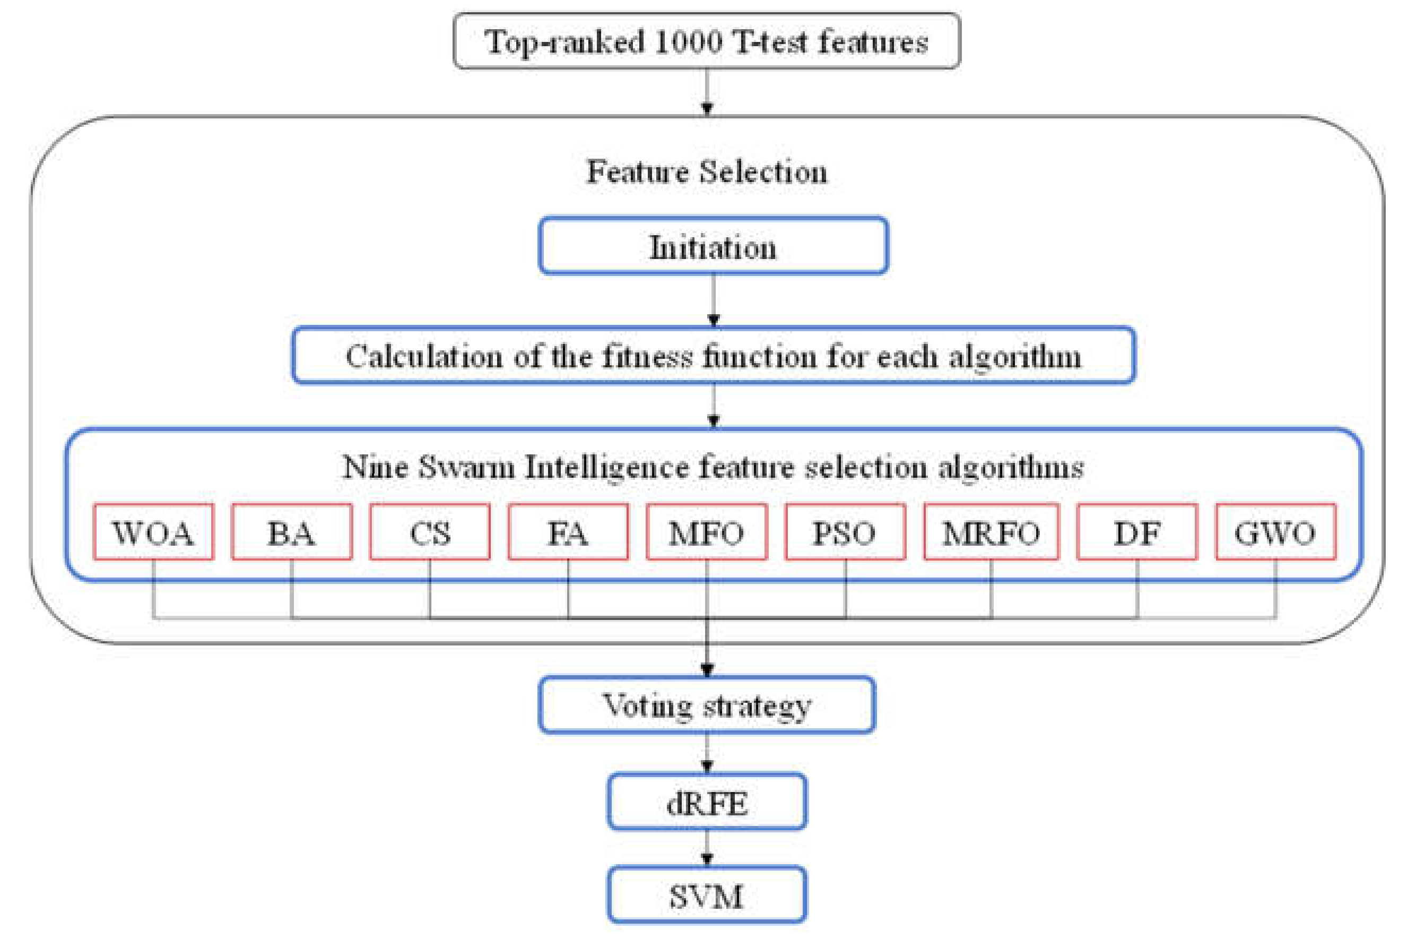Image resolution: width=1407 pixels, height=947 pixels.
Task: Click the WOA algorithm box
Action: click(x=153, y=532)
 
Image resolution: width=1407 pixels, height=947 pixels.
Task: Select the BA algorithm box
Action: click(x=292, y=532)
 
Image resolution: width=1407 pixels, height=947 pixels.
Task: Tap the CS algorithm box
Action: click(x=430, y=532)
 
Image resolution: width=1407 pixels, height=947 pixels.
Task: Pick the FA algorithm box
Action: click(x=568, y=532)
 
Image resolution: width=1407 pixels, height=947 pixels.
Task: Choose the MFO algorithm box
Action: click(x=707, y=532)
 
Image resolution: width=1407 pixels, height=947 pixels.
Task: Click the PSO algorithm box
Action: click(x=845, y=532)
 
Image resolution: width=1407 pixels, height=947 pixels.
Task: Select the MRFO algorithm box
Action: click(x=991, y=532)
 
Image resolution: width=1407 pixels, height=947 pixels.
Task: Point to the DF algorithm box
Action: click(x=1137, y=532)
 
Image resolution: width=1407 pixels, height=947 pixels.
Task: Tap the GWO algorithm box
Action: click(x=1275, y=532)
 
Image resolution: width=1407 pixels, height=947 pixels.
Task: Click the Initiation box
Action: click(x=713, y=246)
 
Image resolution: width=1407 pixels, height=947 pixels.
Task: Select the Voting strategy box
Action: click(x=707, y=705)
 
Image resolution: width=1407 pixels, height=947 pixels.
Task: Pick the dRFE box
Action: click(x=707, y=802)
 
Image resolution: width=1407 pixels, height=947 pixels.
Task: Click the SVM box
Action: click(x=707, y=895)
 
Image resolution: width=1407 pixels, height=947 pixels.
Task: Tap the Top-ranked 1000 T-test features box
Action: click(x=707, y=41)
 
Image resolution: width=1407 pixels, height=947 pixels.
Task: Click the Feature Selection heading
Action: click(x=707, y=171)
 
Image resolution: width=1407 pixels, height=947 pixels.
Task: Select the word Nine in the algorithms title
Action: click(x=375, y=467)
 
